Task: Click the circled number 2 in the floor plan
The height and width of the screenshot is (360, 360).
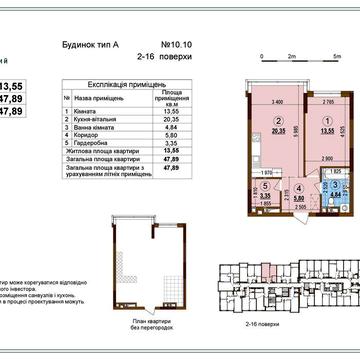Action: [x=253, y=122]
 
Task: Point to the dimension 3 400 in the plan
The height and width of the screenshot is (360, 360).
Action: [x=251, y=103]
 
